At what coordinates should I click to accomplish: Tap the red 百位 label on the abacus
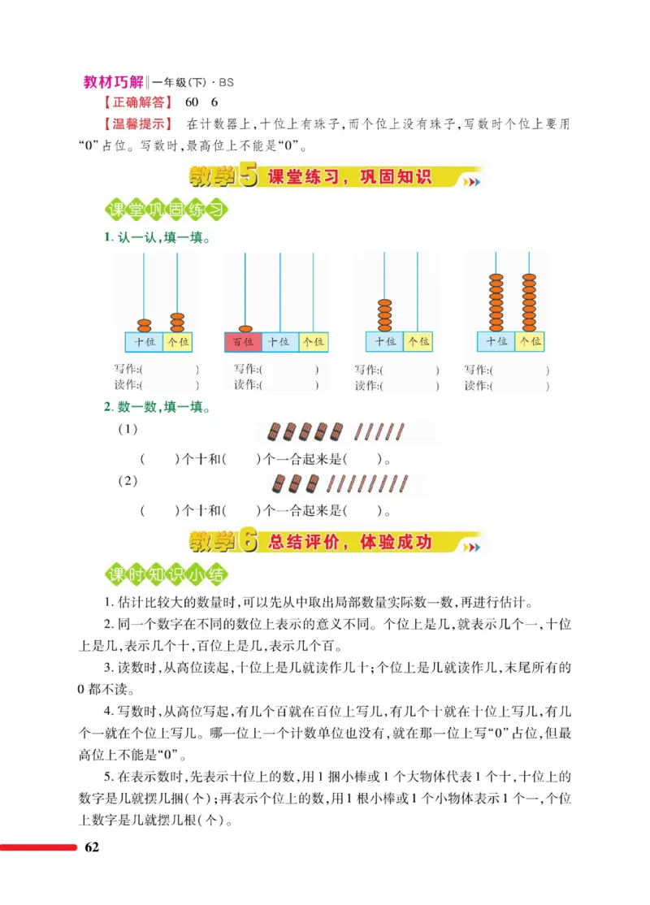pyautogui.click(x=242, y=342)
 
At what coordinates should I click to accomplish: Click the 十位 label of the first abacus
pyautogui.click(x=143, y=342)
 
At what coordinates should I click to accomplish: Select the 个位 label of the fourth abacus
pyautogui.click(x=529, y=342)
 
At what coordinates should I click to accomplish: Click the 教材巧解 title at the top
pyautogui.click(x=113, y=82)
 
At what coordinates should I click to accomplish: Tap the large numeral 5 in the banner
pyautogui.click(x=248, y=178)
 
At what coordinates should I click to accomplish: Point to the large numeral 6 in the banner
pyautogui.click(x=248, y=542)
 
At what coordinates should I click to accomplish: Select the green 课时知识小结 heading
pyautogui.click(x=167, y=575)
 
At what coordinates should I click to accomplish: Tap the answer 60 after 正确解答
pyautogui.click(x=192, y=103)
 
